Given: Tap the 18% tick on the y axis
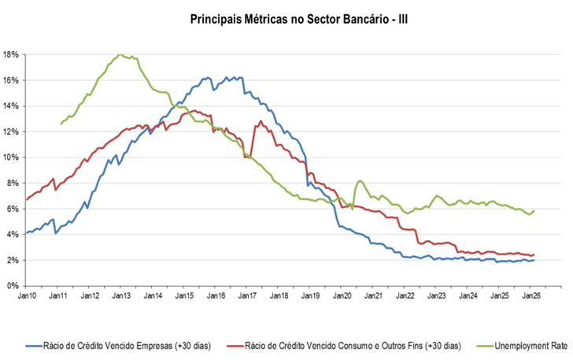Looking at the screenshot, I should click(11, 54).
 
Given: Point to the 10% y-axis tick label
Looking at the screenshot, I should click(11, 157).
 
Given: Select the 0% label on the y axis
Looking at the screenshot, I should click(13, 285).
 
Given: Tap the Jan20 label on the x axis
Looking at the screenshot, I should click(342, 295).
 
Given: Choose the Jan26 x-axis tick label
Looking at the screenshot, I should click(532, 295).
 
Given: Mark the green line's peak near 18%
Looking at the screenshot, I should click(120, 55).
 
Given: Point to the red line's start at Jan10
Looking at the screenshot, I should click(27, 199).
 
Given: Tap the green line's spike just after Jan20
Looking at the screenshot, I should click(360, 181).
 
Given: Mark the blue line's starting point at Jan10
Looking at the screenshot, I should click(27, 233).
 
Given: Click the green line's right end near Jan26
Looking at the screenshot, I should click(534, 210).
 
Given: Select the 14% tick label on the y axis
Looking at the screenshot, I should click(11, 106).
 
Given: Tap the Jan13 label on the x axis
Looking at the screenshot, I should click(121, 295).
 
